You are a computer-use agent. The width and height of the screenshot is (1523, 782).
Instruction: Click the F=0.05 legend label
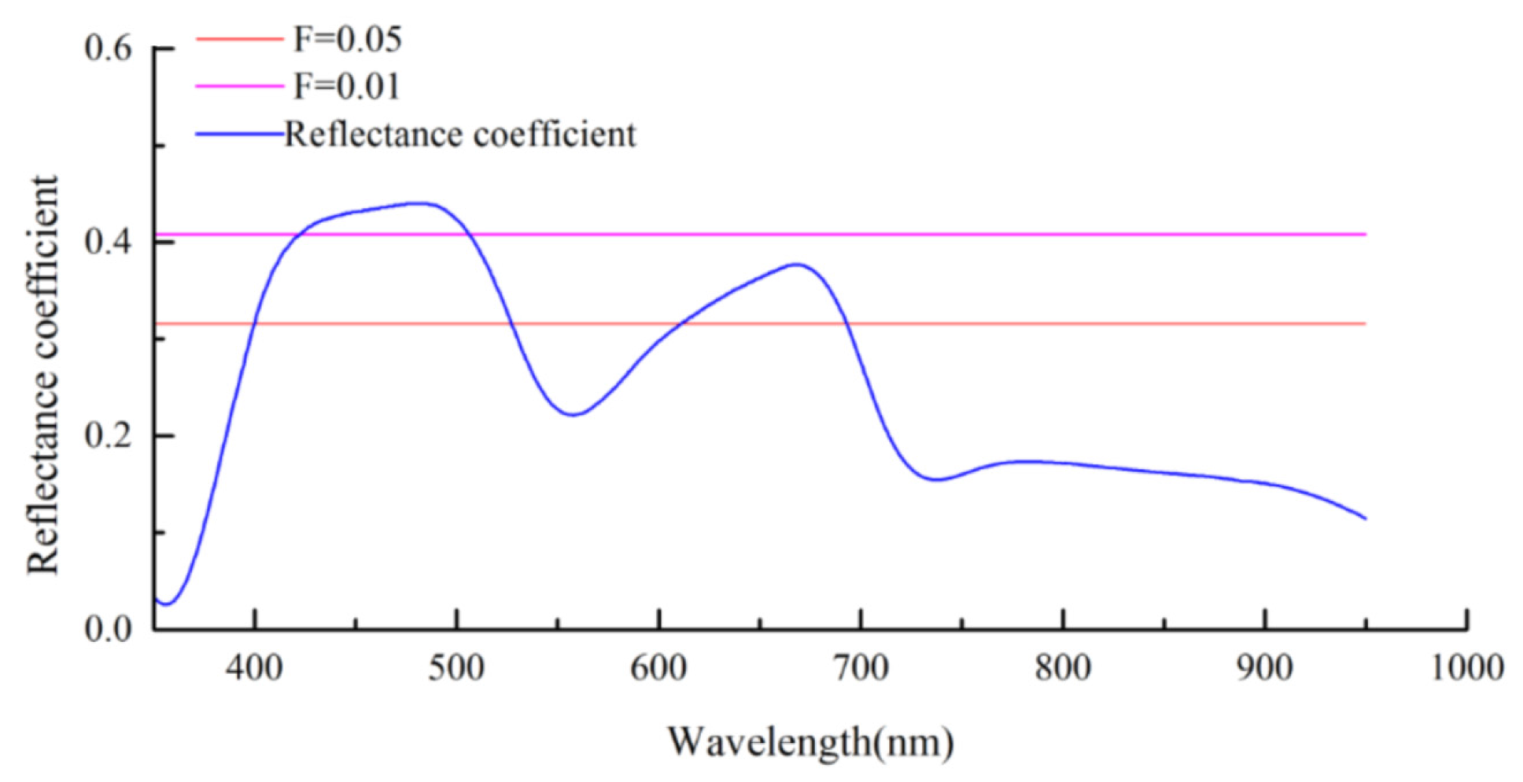point(347,40)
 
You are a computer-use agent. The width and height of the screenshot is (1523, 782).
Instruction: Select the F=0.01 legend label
point(347,87)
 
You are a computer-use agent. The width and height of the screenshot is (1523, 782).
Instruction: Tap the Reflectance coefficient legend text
point(459,134)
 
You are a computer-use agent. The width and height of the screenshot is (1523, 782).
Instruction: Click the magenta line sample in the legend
point(239,86)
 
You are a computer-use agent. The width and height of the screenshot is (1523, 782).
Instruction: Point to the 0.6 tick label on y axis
point(108,49)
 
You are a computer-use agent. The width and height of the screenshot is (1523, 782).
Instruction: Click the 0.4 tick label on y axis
point(108,243)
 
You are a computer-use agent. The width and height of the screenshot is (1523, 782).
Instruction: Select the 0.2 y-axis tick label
point(108,436)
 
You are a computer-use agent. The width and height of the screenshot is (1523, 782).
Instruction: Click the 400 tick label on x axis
point(254,668)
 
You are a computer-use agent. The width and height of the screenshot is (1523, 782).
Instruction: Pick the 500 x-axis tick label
point(456,668)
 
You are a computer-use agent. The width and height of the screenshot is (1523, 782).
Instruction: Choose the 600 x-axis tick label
point(658,668)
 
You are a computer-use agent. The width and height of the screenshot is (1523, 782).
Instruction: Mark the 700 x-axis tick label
point(860,668)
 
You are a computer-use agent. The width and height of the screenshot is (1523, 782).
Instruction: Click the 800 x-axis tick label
point(1062,668)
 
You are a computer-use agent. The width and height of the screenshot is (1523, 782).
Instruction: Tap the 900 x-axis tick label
point(1264,668)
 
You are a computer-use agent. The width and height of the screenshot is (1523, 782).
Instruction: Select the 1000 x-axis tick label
point(1466,668)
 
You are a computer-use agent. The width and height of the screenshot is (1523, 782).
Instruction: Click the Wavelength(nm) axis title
point(810,742)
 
